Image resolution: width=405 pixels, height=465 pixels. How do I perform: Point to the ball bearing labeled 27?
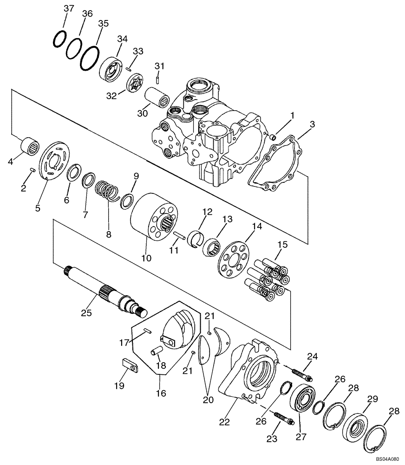click(301, 400)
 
